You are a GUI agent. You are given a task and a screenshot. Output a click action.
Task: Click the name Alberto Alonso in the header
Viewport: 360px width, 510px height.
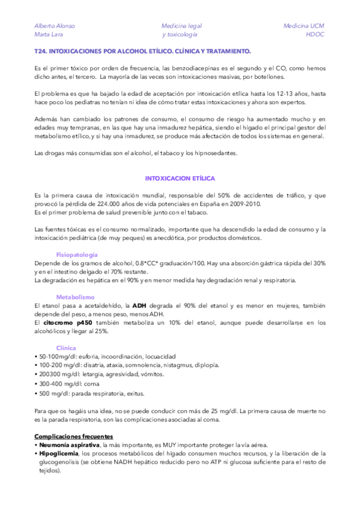click(x=55, y=26)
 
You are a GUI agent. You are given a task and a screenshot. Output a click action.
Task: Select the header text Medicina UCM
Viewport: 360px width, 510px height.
click(x=304, y=26)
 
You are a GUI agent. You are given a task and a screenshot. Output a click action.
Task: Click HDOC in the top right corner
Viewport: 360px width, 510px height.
click(x=315, y=35)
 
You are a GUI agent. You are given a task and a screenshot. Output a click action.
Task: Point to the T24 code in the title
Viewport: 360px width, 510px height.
click(x=40, y=52)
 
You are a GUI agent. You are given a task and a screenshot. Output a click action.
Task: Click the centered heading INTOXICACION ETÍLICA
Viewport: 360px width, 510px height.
click(x=180, y=179)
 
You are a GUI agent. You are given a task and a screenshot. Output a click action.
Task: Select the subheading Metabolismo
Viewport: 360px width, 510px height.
click(x=75, y=297)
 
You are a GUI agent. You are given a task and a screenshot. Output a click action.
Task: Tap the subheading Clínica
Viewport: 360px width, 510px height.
click(x=66, y=348)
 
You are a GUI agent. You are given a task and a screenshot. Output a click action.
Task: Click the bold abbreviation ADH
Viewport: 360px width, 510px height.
click(x=139, y=306)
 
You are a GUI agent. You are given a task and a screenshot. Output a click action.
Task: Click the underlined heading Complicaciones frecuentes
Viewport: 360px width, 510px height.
click(x=74, y=436)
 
